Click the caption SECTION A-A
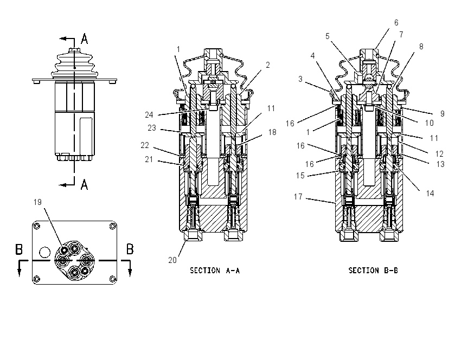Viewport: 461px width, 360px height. click(x=215, y=271)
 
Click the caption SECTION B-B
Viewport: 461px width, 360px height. click(x=373, y=271)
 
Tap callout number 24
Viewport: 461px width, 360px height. click(x=149, y=115)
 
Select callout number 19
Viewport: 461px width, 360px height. click(x=37, y=202)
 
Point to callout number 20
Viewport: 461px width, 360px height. click(x=172, y=260)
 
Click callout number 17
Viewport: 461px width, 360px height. click(x=298, y=197)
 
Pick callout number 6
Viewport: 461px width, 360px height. click(x=396, y=23)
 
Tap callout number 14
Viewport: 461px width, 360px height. click(x=430, y=194)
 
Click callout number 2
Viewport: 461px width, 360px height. click(x=267, y=65)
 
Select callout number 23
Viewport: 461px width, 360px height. click(x=152, y=128)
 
